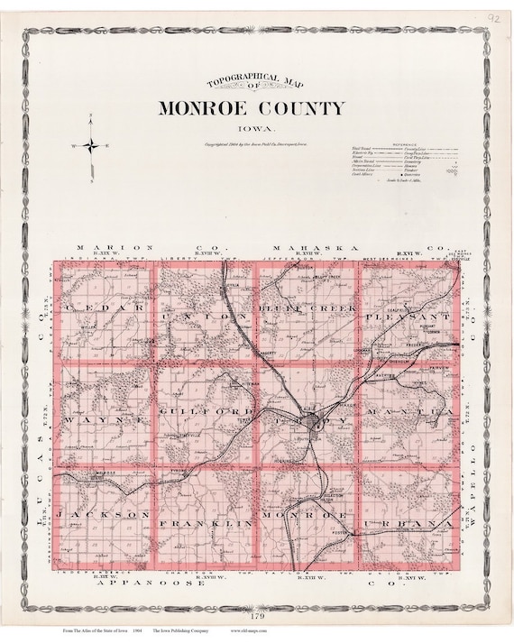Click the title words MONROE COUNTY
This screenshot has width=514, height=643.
(252, 108)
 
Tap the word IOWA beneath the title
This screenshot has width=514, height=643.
(252, 130)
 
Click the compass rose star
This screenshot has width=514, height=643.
(92, 145)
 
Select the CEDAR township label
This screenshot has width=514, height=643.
(105, 308)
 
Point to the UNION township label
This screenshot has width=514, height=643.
(204, 318)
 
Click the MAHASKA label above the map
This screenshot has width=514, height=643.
(307, 246)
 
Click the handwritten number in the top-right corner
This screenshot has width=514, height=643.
(492, 16)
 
